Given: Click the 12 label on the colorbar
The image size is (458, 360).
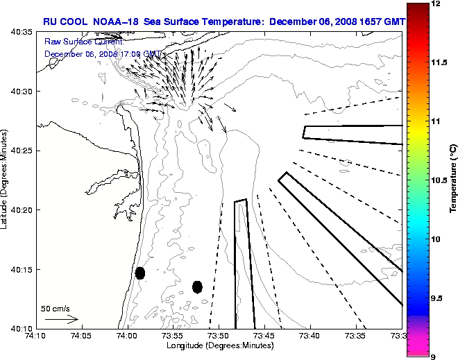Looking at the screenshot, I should [436, 4].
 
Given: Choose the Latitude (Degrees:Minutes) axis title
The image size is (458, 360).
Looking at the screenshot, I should [5, 180].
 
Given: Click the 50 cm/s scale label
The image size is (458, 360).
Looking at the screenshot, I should [56, 309].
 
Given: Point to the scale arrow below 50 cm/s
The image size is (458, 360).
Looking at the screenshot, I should [62, 319].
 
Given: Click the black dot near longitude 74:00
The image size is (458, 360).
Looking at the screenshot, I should [140, 273].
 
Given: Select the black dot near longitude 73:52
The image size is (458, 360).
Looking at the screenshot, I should [197, 286].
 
